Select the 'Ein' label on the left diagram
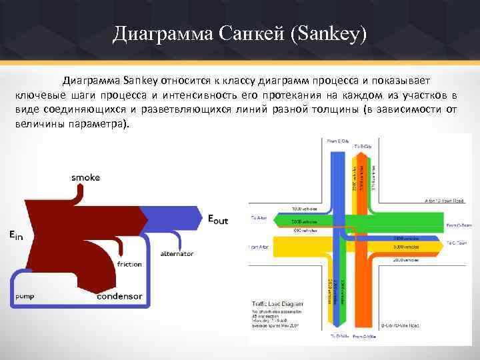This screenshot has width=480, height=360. tap(15, 234)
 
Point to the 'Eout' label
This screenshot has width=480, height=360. tap(217, 219)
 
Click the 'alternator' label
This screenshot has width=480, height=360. tap(177, 253)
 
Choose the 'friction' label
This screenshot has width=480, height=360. tap(129, 264)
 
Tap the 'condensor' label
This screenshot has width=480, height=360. tap(119, 296)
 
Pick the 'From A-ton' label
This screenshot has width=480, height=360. tap(260, 247)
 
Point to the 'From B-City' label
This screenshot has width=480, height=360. tap(338, 141)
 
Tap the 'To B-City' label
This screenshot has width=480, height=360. tap(363, 146)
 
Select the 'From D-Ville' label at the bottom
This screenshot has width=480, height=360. tap(363, 337)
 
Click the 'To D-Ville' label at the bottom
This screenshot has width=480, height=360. tap(338, 337)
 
